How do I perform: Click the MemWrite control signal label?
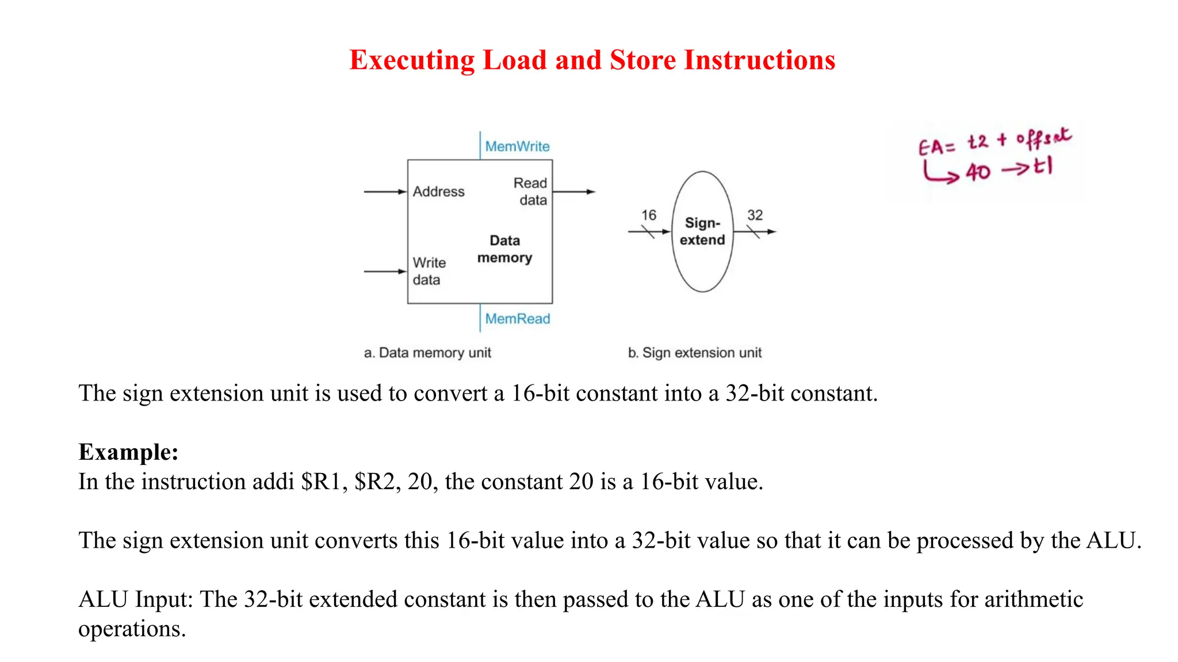[x=517, y=147]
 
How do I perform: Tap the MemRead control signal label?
[x=517, y=318]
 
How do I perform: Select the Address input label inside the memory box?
[x=438, y=191]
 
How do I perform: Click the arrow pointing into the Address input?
[x=385, y=191]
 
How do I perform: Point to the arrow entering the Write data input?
[x=385, y=271]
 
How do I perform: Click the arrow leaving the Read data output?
[x=574, y=191]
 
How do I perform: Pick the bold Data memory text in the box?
[x=504, y=249]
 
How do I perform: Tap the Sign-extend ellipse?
[x=702, y=232]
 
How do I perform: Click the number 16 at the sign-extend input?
[x=648, y=215]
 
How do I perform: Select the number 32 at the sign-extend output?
[x=755, y=215]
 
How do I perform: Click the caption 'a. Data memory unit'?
[x=427, y=352]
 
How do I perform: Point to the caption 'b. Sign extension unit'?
[x=694, y=352]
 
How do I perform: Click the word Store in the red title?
[x=642, y=60]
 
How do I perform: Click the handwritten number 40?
[x=978, y=172]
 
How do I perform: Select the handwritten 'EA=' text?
[x=936, y=147]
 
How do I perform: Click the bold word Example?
[x=128, y=452]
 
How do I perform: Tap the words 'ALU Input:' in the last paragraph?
[x=136, y=599]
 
